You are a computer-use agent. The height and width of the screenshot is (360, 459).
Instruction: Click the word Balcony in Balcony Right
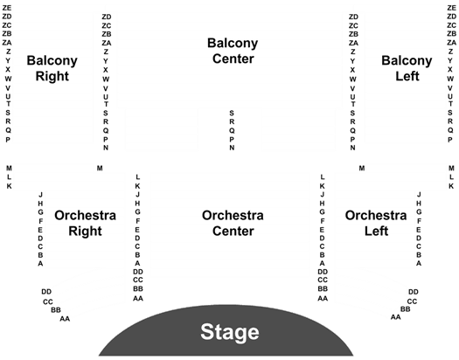[x=52, y=61]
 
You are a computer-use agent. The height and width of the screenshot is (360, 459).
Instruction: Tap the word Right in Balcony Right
[x=52, y=76]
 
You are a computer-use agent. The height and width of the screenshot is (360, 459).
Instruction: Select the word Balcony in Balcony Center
[x=233, y=44]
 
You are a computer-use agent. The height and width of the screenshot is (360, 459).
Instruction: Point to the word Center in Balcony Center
[x=233, y=59]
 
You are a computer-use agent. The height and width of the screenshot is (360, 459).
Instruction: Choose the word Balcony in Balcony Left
[x=407, y=61]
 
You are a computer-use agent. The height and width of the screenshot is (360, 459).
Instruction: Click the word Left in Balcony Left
[x=407, y=76]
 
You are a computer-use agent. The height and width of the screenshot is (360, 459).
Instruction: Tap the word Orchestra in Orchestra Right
[x=85, y=215]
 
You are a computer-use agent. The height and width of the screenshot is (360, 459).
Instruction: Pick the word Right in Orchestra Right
[x=85, y=231]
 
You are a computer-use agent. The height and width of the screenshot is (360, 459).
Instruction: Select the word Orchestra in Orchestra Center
[x=233, y=215]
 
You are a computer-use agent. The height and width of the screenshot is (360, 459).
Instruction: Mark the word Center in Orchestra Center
[x=233, y=231]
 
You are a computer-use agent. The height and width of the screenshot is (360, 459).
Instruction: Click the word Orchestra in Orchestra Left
[x=376, y=215]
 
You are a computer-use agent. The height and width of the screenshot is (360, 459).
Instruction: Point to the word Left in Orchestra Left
[x=376, y=231]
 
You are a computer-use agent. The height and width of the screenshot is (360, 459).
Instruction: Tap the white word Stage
[x=230, y=332]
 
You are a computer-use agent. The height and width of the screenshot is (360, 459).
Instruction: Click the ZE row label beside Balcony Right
[x=7, y=8]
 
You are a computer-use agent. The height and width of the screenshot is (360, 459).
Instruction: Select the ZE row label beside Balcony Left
[x=451, y=8]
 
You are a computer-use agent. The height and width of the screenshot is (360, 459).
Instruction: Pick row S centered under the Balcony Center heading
[x=232, y=113]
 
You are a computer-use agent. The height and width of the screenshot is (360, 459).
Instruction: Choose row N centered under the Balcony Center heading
[x=232, y=148]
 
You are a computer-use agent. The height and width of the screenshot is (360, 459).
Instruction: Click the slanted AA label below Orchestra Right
[x=65, y=318]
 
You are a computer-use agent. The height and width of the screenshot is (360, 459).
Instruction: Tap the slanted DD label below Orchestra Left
[x=414, y=292]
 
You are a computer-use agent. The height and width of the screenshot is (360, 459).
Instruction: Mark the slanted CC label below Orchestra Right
[x=48, y=301]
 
